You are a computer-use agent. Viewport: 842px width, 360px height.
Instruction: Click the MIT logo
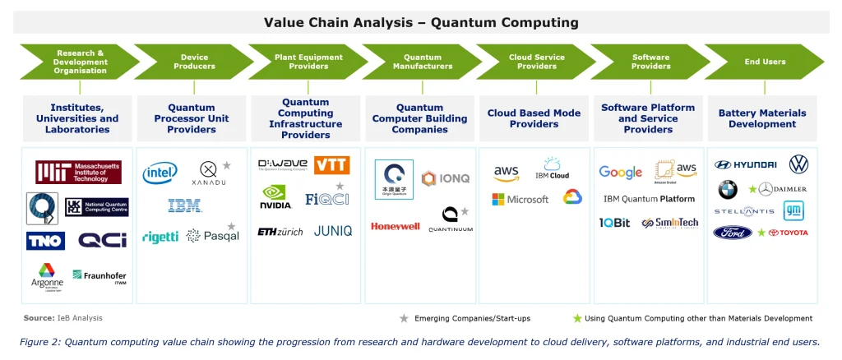coord(78,173)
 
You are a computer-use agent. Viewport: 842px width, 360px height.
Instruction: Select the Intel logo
coord(160,173)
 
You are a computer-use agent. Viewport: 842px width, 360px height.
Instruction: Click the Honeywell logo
coord(395,226)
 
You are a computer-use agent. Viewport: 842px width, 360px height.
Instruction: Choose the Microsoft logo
coord(520,200)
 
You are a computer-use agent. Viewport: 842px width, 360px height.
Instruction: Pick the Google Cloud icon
coord(572,197)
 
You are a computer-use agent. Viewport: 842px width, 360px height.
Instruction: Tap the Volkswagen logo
coord(798,164)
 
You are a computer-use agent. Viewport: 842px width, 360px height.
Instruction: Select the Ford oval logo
coord(733,233)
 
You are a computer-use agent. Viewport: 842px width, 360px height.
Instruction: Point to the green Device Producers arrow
coord(194,62)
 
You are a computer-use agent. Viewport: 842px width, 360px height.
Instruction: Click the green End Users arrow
coord(765,62)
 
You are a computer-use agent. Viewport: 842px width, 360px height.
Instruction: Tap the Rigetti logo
coord(160,237)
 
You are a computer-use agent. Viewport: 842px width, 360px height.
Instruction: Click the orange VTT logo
coord(331,165)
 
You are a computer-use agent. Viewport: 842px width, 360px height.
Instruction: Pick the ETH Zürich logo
coord(280,232)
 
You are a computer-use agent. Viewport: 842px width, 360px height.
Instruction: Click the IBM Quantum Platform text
coord(649,199)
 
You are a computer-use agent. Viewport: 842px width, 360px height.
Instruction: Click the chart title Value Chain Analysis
coord(421,22)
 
